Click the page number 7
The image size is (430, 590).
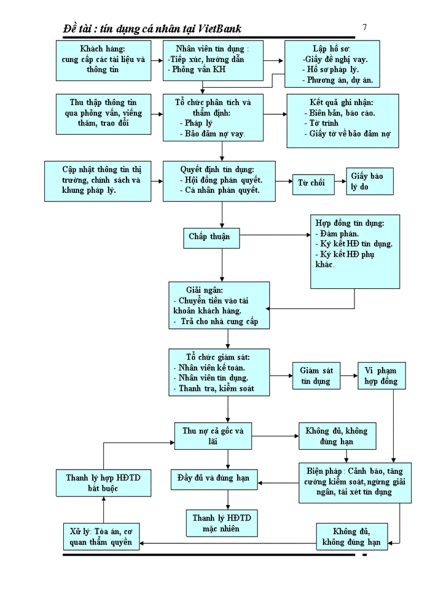[365, 27]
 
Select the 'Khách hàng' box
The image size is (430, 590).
[103, 60]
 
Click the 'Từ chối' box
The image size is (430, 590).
[313, 183]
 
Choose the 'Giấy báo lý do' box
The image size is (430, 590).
[368, 181]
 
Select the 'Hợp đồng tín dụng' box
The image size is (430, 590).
[354, 251]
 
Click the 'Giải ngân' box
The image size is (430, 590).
[219, 305]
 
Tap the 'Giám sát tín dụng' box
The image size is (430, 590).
[316, 376]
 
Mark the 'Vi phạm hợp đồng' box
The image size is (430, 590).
[381, 376]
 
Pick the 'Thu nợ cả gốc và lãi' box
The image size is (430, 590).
[213, 436]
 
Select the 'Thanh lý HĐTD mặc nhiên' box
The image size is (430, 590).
[222, 523]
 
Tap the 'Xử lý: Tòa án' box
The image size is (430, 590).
[101, 537]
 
